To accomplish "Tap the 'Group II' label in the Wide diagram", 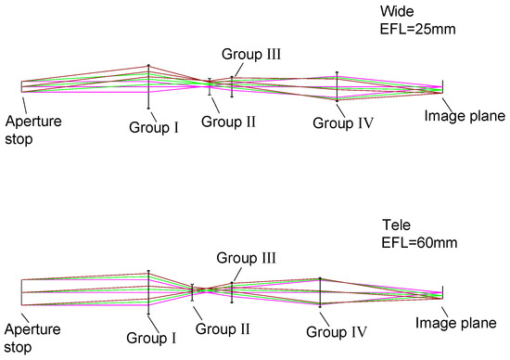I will tap(222, 121).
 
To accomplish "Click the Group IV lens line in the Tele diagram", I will tap(320, 291).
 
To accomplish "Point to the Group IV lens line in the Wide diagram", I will tap(337, 87).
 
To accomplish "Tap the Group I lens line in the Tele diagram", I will tap(148, 291).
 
